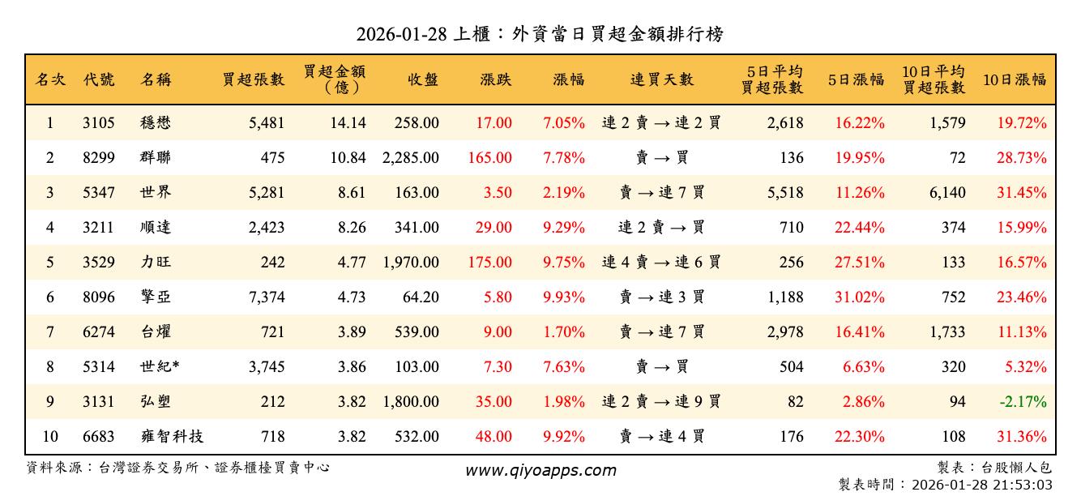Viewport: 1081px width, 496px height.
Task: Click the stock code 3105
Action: click(99, 123)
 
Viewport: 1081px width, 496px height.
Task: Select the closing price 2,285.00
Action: click(411, 158)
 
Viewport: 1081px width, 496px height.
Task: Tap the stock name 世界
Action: click(156, 193)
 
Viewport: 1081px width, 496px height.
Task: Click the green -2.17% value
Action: click(1022, 402)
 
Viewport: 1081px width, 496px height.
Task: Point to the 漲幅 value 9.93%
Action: click(564, 297)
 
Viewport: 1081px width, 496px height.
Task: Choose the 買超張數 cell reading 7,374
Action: click(267, 297)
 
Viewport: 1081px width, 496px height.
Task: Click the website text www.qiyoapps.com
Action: click(540, 470)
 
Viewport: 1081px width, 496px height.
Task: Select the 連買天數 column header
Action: click(662, 79)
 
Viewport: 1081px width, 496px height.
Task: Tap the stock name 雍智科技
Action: click(171, 437)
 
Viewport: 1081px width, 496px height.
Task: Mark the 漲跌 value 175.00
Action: click(490, 263)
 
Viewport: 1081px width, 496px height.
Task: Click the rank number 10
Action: click(50, 437)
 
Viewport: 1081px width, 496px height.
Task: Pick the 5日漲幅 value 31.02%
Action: click(860, 297)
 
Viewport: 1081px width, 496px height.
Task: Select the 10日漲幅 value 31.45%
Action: click(1022, 193)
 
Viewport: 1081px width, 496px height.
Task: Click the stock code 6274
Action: click(99, 332)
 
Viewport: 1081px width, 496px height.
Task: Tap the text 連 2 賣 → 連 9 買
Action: click(662, 402)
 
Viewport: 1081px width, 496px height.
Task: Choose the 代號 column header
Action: click(99, 79)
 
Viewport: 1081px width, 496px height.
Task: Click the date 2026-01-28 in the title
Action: click(398, 35)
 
